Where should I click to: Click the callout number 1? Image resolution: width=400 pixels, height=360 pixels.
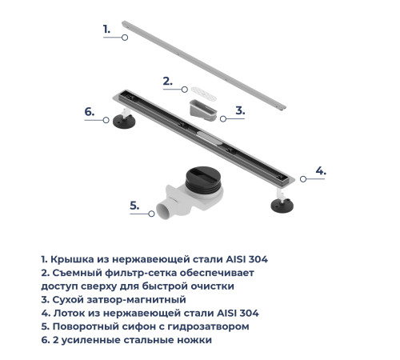pos(106,29)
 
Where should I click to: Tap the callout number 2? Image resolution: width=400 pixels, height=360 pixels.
pos(167,80)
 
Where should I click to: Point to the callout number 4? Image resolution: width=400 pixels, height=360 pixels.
pos(320,170)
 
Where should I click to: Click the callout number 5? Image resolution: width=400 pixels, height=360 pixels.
pos(135,206)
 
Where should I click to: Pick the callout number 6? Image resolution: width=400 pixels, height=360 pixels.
pos(90,112)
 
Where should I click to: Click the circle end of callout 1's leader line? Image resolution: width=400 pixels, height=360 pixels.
pos(125,37)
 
